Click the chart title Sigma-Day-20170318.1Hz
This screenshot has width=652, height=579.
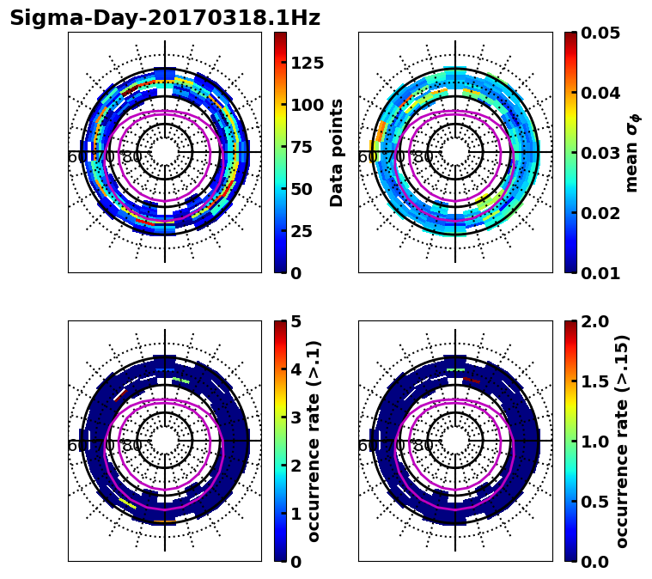coord(165,18)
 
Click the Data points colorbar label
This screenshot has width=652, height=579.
coord(337,152)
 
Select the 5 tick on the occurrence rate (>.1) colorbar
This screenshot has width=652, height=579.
coord(296,321)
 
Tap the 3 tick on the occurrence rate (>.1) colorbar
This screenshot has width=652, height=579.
coord(296,417)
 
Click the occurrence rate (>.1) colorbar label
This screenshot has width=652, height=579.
coord(314,442)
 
